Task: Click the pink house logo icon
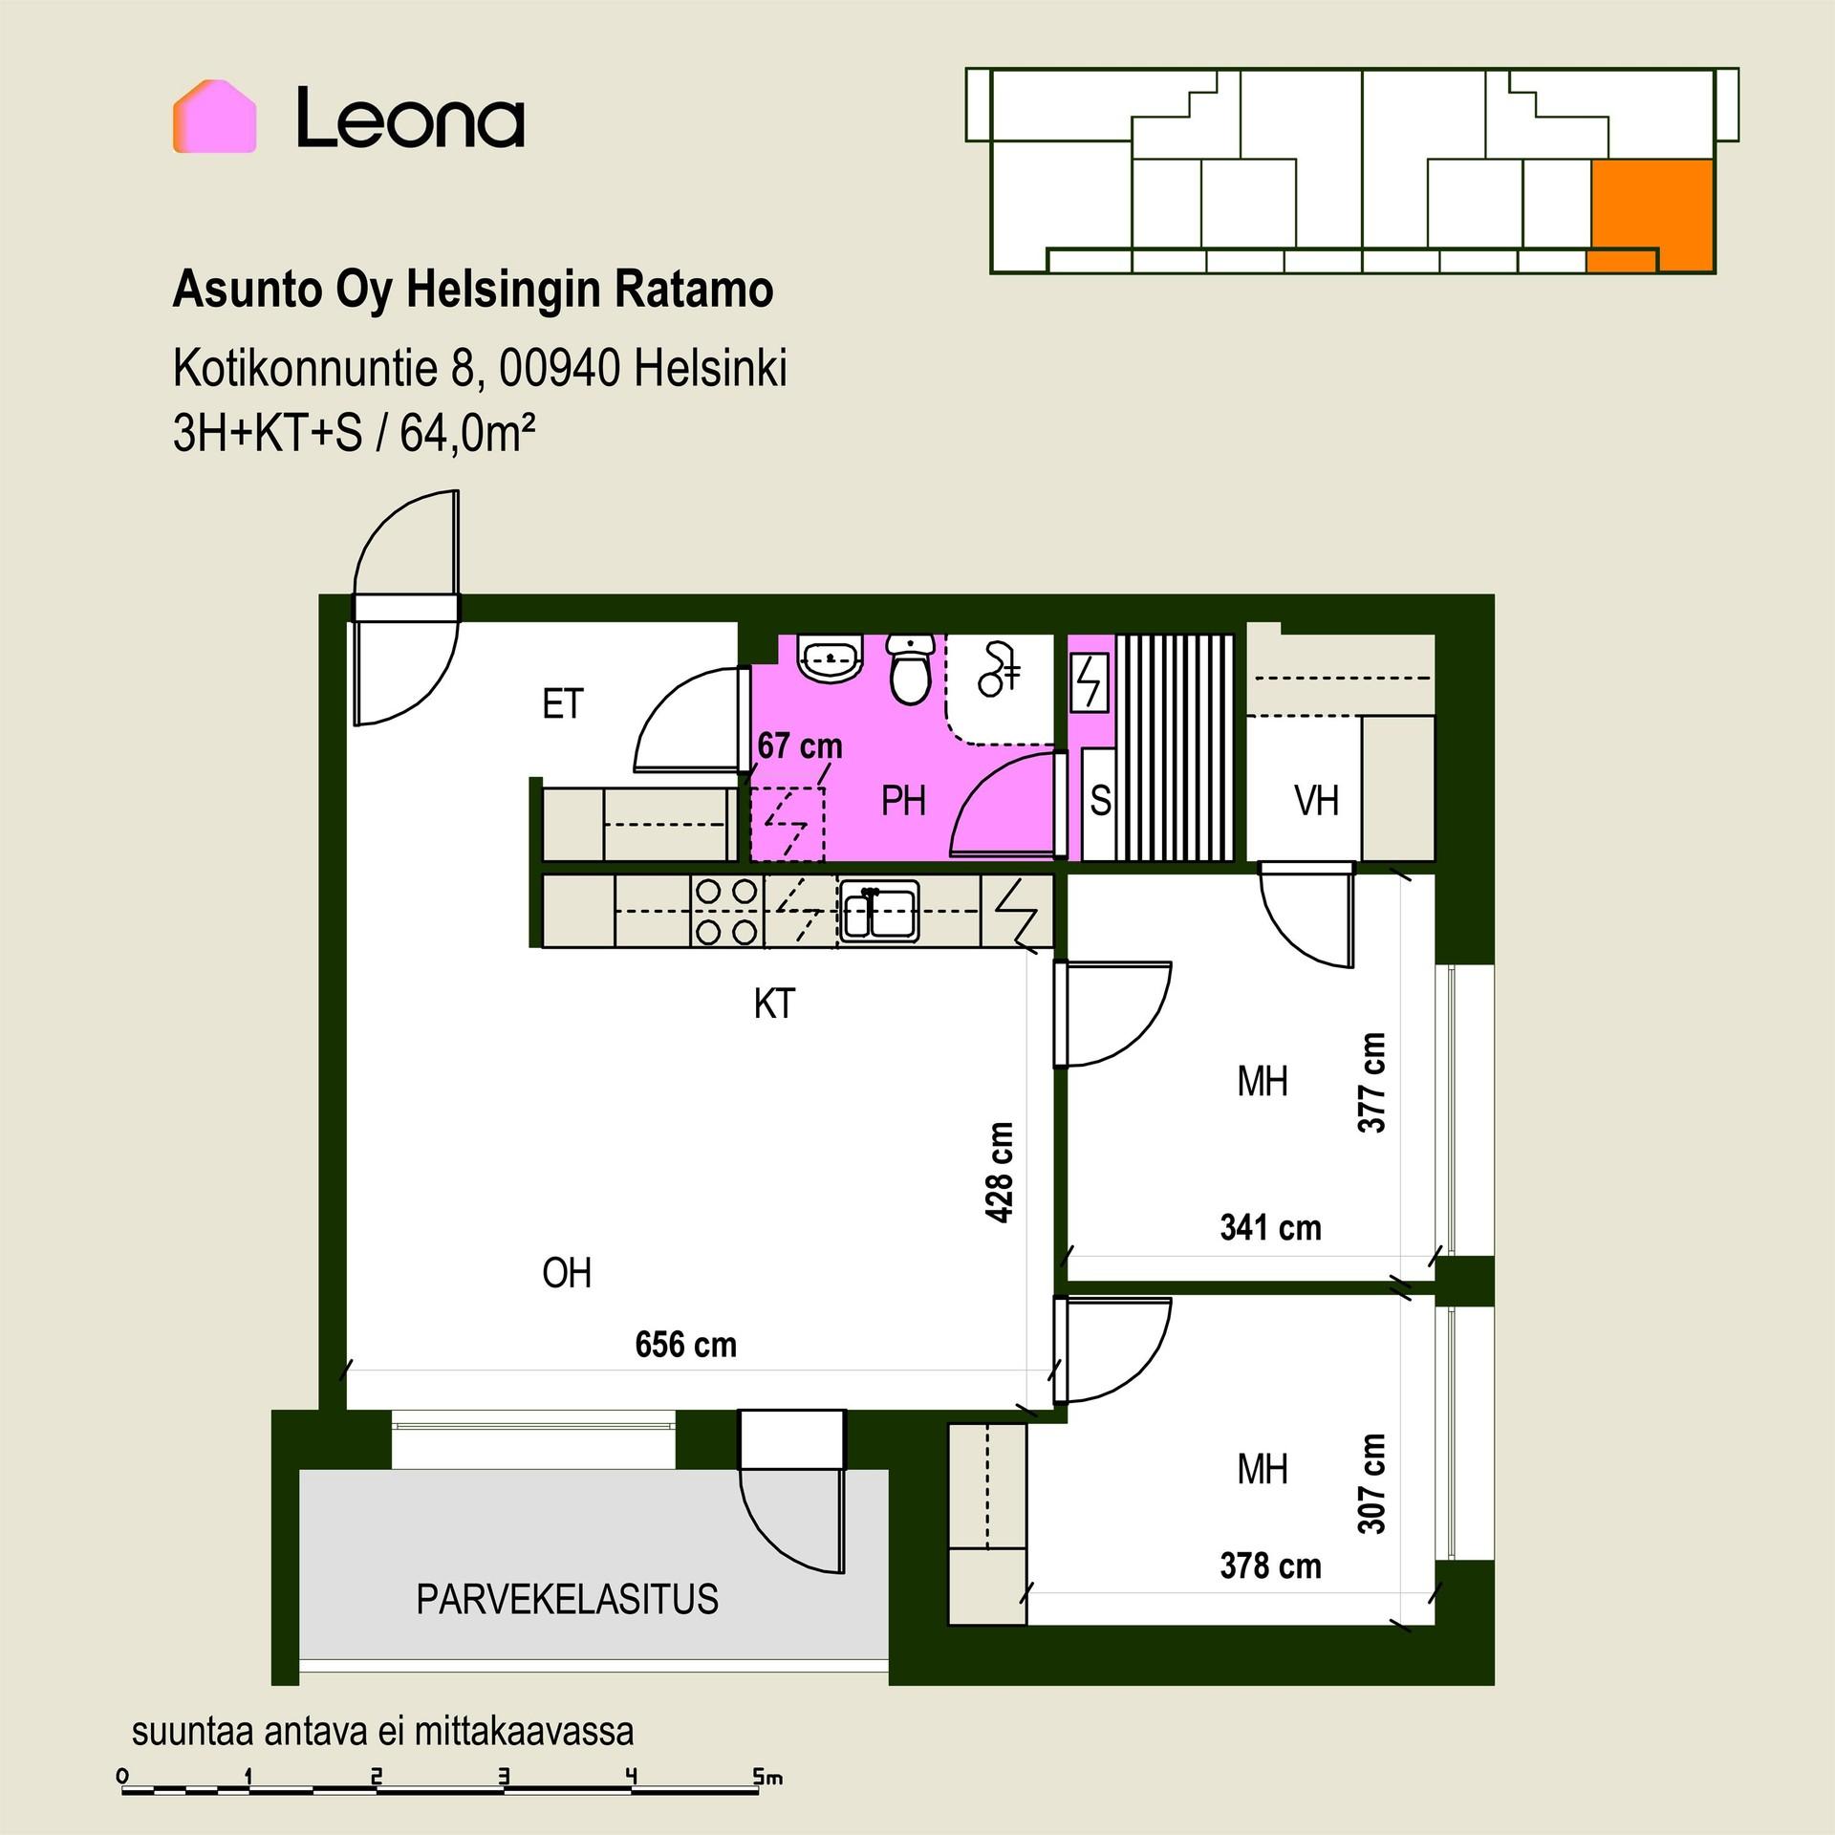214,117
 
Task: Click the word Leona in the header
410,119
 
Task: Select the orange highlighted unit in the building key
1651,216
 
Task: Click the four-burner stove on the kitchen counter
727,912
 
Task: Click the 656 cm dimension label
685,1345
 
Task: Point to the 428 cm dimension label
999,1172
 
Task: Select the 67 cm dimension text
800,745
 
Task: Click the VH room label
1316,801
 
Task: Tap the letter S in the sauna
1100,801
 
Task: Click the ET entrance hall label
562,704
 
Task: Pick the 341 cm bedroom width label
1270,1227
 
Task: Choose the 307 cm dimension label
1371,1483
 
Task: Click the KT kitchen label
774,1004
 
